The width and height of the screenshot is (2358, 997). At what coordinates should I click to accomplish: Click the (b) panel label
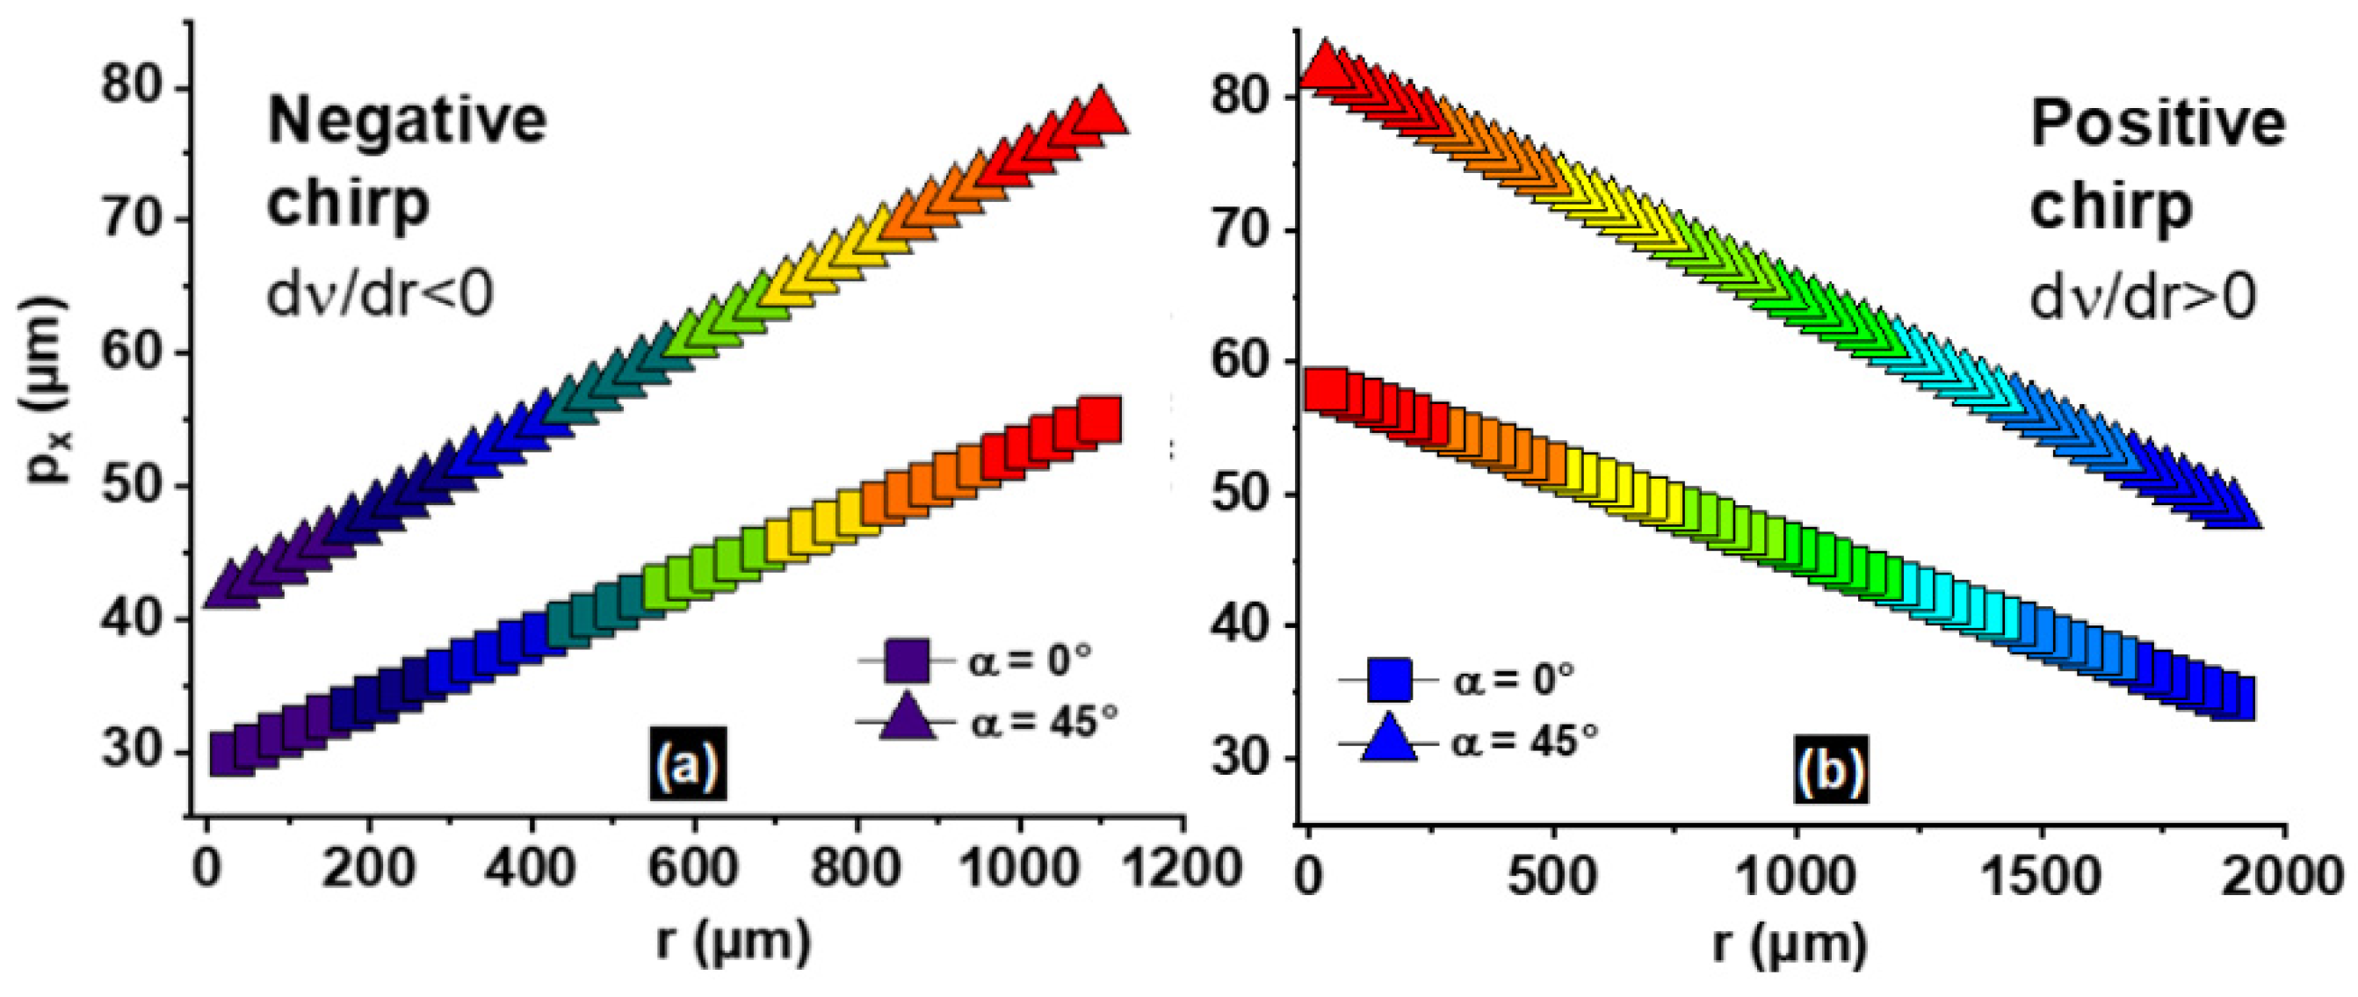pyautogui.click(x=1829, y=771)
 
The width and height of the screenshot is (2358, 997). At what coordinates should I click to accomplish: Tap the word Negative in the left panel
pyautogui.click(x=408, y=121)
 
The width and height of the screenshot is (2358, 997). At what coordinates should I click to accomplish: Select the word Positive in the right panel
pyautogui.click(x=2157, y=124)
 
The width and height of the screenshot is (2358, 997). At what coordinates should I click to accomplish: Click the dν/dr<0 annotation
pyautogui.click(x=380, y=295)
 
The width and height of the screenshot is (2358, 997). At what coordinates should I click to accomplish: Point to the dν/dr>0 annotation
pyautogui.click(x=2143, y=297)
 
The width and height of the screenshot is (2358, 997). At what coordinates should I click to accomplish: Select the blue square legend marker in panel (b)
pyautogui.click(x=1389, y=678)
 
